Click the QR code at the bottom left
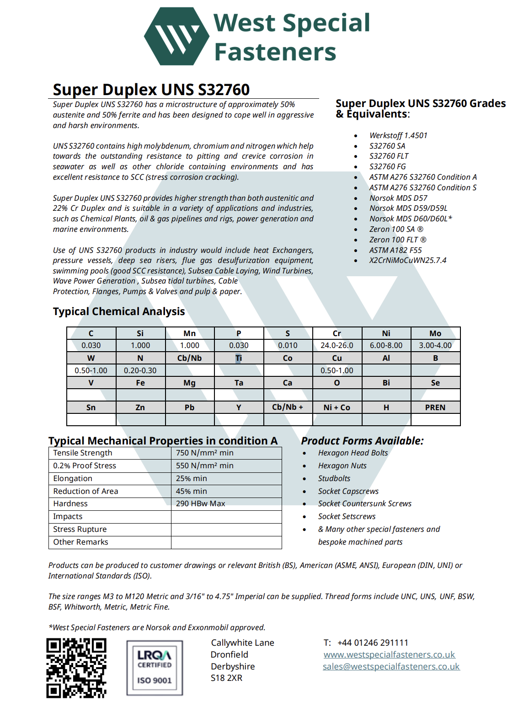76,668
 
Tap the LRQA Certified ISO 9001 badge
155,668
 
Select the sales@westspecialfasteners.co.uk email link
391,666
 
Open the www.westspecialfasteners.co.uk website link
389,654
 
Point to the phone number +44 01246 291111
373,642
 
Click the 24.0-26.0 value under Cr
337,345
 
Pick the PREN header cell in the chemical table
435,407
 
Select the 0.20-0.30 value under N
140,370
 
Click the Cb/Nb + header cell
288,407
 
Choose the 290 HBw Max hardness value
201,503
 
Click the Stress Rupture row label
80,529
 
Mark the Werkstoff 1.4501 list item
398,135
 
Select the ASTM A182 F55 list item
395,250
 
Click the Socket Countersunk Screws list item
365,503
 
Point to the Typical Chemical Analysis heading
119,311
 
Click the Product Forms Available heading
362,441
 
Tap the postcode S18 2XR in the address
226,678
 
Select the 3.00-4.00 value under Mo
435,345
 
